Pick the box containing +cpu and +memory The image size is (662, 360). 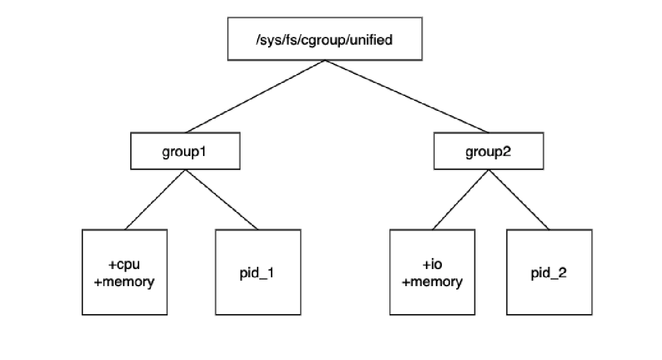125,298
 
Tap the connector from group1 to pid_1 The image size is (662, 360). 222,199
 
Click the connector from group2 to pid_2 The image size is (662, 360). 519,199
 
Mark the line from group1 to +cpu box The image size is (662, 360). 155,199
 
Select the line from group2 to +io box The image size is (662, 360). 460,199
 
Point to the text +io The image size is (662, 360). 433,265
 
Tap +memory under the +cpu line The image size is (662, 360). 125,282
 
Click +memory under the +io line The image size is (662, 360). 433,282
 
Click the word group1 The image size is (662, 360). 185,151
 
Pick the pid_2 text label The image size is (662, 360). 549,273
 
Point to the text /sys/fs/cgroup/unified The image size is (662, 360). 324,40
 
